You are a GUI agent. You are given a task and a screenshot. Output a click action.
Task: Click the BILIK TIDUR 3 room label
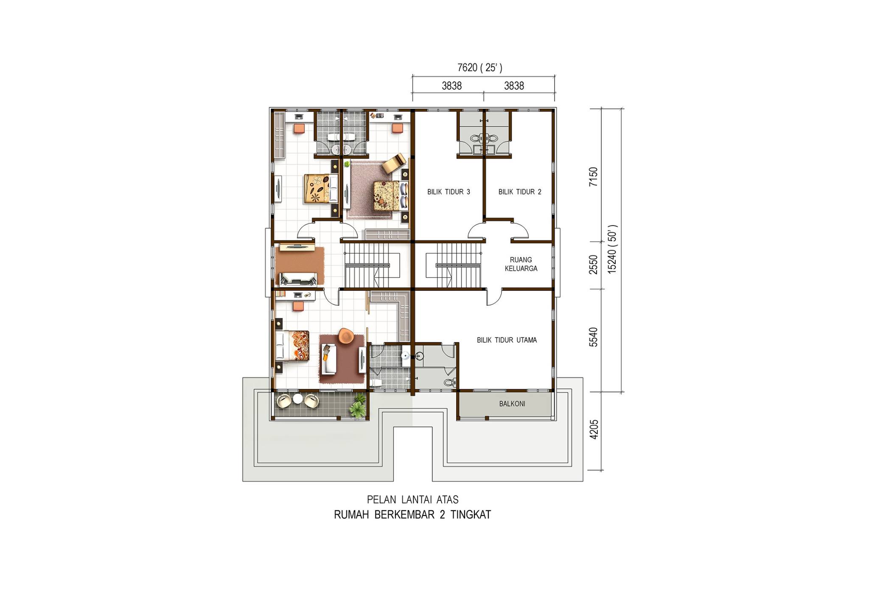pos(449,192)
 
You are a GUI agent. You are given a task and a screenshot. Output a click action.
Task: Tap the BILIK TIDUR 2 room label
pos(520,192)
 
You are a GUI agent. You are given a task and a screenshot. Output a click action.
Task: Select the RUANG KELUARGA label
pos(521,264)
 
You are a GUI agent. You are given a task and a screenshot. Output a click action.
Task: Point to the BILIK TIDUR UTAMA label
pos(507,340)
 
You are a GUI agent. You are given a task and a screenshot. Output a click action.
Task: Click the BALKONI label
pos(512,404)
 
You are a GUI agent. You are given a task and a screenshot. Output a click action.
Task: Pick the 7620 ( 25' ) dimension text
pos(480,67)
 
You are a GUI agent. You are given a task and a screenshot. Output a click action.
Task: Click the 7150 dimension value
pos(594,177)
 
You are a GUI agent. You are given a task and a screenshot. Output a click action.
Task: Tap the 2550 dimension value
pos(594,265)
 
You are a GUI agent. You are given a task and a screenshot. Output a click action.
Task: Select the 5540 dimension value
pos(594,337)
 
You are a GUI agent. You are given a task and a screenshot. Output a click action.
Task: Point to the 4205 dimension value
pos(594,430)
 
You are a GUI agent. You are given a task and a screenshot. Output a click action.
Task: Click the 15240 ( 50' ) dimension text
pos(612,249)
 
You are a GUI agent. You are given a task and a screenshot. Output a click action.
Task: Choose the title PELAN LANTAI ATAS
pos(413,500)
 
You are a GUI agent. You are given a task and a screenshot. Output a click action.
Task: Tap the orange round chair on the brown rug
pos(346,335)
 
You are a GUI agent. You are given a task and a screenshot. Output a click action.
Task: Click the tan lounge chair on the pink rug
pos(394,163)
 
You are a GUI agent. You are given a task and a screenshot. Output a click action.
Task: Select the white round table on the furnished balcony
pos(298,399)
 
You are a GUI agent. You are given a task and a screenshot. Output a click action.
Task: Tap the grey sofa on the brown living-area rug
pos(298,279)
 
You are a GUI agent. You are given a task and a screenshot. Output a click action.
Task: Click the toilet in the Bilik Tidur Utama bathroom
pos(451,382)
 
